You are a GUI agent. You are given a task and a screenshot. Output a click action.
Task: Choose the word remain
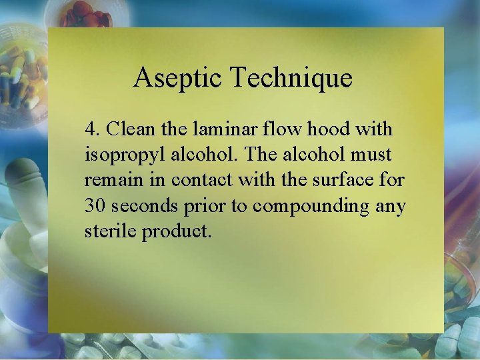pyautogui.click(x=108, y=180)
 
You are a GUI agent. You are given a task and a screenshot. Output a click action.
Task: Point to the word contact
pyautogui.click(x=199, y=180)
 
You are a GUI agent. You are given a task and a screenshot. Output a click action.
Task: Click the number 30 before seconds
pyautogui.click(x=94, y=206)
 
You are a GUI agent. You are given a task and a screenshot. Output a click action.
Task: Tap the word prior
pyautogui.click(x=202, y=206)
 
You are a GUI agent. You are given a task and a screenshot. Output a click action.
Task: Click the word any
pyautogui.click(x=390, y=206)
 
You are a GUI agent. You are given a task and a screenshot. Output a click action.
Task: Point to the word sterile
pyautogui.click(x=109, y=232)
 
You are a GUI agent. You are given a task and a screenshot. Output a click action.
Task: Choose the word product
pyautogui.click(x=177, y=232)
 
